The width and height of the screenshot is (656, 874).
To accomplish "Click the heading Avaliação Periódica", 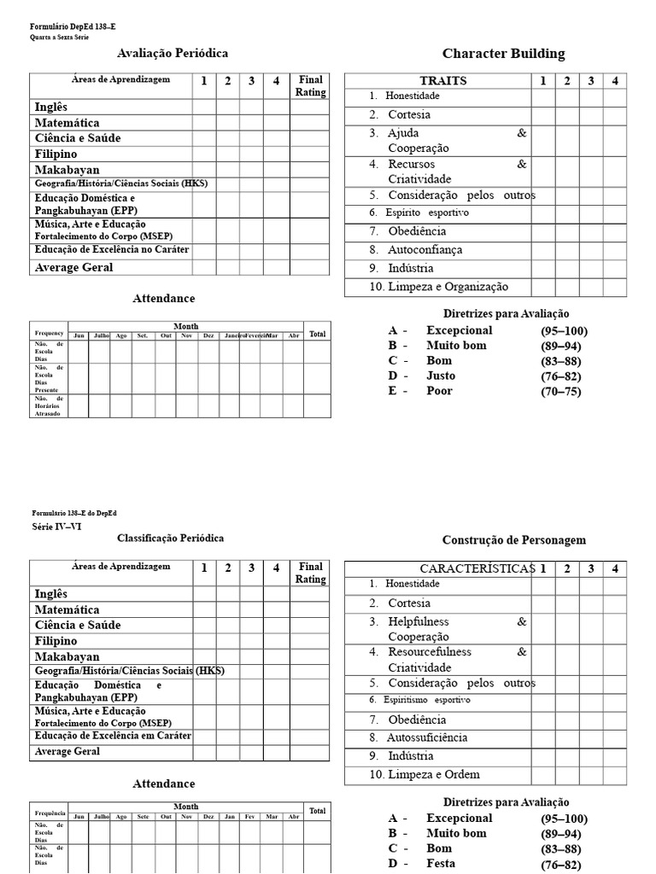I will [172, 53].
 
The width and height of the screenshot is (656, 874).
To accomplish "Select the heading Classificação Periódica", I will [170, 539].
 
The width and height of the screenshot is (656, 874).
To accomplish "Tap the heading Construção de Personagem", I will [514, 540].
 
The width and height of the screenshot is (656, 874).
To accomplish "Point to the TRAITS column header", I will [443, 81].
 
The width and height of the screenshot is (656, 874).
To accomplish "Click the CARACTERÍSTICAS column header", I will [477, 568].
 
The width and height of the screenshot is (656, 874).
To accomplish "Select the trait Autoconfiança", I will [425, 250].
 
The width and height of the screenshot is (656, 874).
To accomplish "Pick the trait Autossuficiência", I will [427, 737].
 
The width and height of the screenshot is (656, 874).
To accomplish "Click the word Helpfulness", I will [418, 622].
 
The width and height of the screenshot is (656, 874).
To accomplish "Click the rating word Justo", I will [441, 376].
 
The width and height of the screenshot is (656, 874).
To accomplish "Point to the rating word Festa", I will [440, 863].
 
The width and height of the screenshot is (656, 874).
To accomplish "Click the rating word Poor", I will [440, 391].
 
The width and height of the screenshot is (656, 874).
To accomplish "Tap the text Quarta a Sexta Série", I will [60, 38].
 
